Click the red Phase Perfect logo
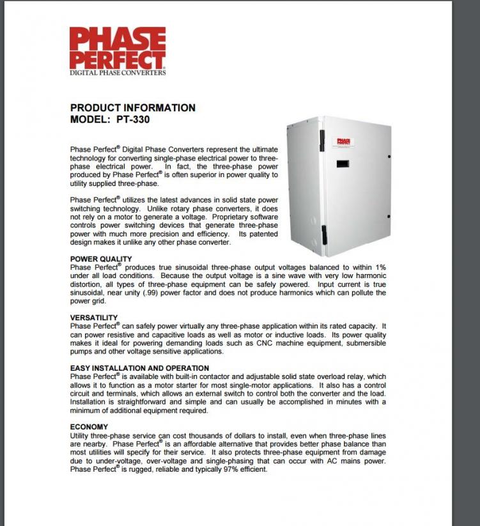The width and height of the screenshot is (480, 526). (x=118, y=47)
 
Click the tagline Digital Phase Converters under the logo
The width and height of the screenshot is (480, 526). (x=118, y=73)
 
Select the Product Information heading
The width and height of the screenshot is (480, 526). (x=132, y=107)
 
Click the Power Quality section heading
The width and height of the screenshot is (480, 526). (x=101, y=259)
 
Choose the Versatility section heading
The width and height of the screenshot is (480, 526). (x=94, y=318)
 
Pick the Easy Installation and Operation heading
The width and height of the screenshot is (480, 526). (x=139, y=368)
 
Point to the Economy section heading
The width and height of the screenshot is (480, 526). (x=89, y=426)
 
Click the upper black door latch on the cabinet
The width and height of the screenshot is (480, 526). (x=322, y=141)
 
